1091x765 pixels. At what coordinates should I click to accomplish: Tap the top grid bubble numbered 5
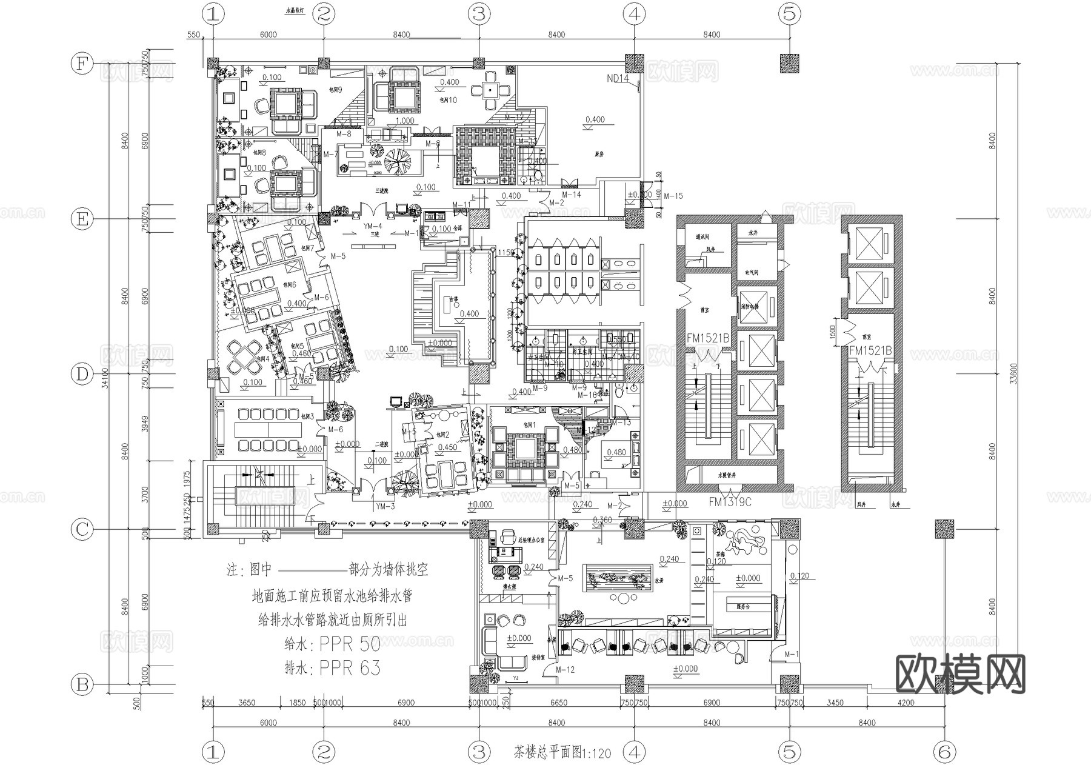click(x=790, y=13)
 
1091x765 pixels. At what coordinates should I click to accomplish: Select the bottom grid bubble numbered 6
click(x=945, y=752)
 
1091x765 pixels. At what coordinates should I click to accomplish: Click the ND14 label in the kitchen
click(x=618, y=78)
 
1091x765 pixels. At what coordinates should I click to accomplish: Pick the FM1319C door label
click(x=730, y=502)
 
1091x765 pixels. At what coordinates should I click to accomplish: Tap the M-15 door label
click(x=673, y=196)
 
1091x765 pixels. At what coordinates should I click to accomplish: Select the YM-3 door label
click(x=385, y=506)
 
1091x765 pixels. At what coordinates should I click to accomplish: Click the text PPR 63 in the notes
click(x=350, y=667)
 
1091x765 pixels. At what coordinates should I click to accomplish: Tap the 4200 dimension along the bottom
click(x=906, y=703)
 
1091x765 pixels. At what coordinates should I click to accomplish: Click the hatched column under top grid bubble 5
click(x=789, y=63)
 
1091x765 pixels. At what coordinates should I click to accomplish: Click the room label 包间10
click(x=448, y=100)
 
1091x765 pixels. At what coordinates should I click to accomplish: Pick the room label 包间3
click(x=307, y=416)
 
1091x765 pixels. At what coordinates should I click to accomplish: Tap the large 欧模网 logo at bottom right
click(x=960, y=673)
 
